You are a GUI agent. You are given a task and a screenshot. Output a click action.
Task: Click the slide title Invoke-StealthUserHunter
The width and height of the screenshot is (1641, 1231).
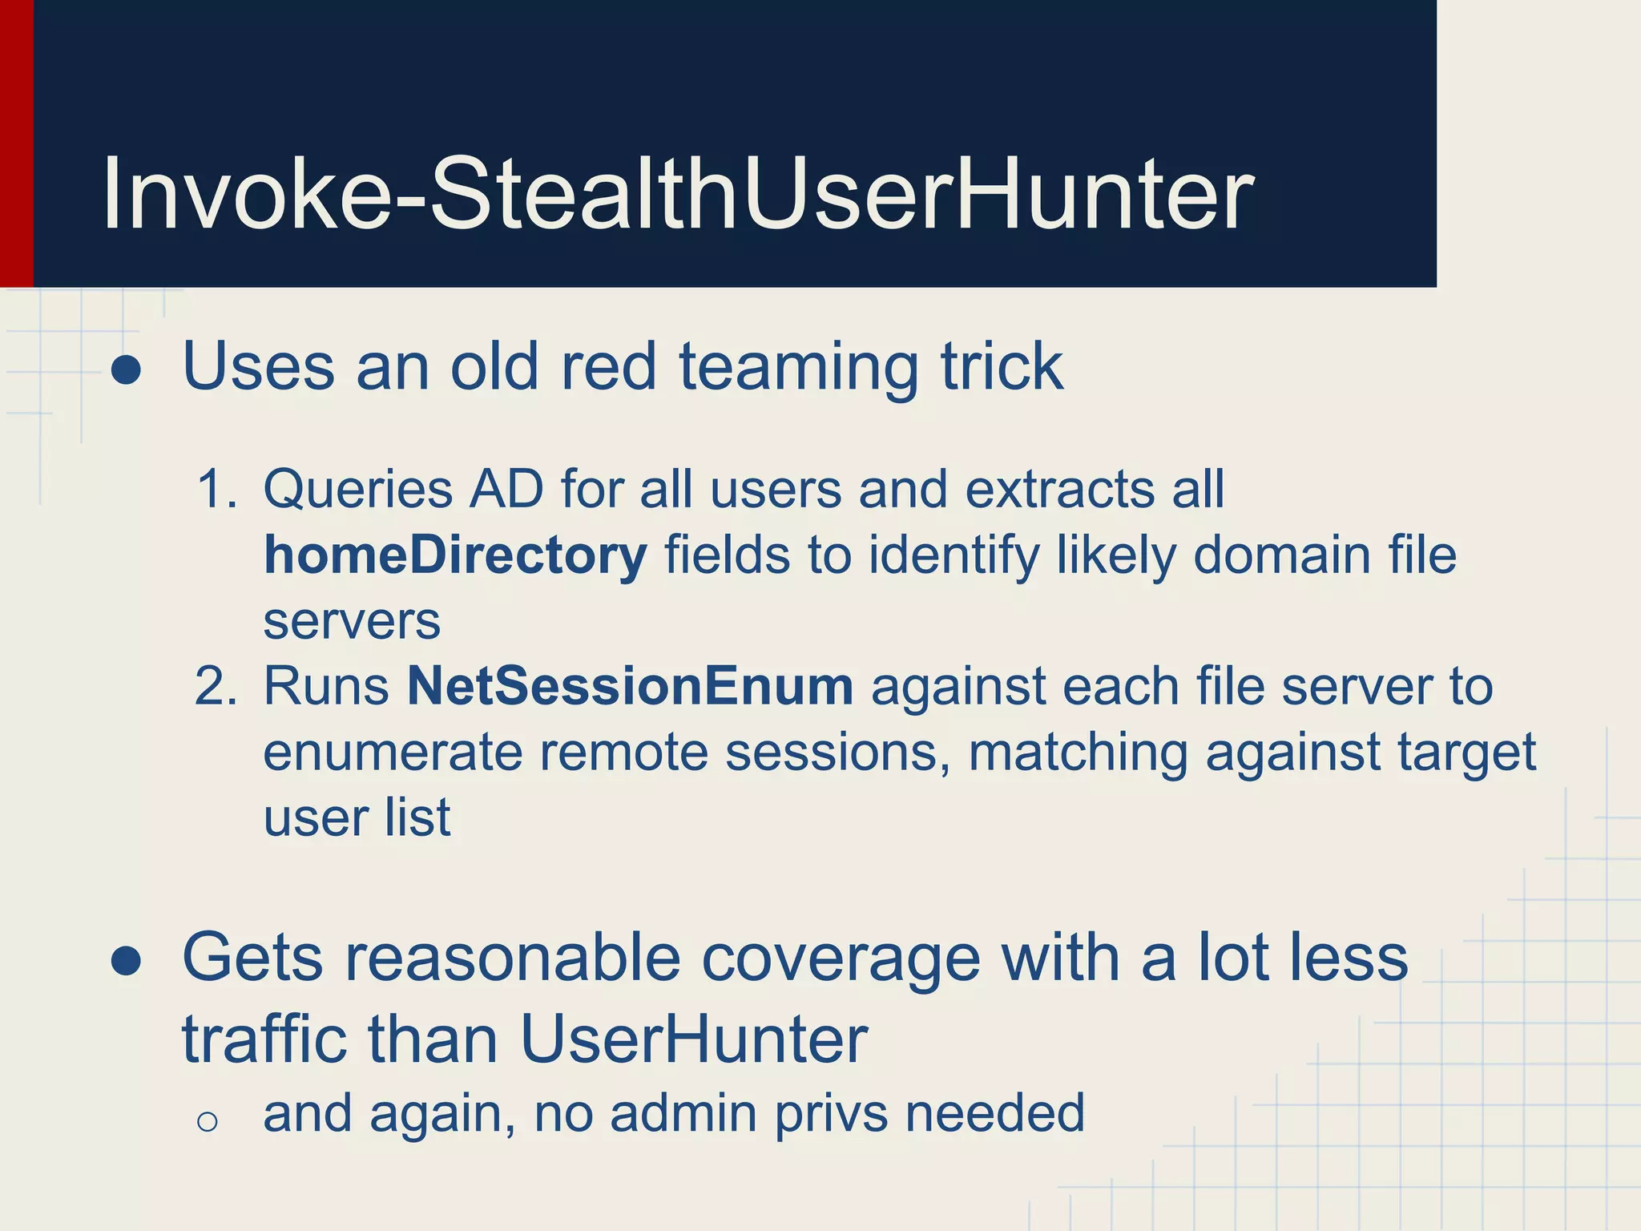pyautogui.click(x=678, y=194)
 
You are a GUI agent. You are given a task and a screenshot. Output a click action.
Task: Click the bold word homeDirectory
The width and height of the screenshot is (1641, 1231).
pyautogui.click(x=455, y=555)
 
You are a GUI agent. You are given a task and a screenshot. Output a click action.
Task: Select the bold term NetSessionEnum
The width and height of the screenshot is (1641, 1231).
pyautogui.click(x=630, y=687)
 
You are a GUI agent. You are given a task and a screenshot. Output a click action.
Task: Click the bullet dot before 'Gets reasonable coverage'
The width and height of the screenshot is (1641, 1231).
pyautogui.click(x=127, y=961)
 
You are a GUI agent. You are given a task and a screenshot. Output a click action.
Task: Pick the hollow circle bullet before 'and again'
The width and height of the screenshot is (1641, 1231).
pyautogui.click(x=207, y=1122)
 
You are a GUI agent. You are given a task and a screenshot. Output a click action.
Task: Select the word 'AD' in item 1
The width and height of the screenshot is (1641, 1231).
pyautogui.click(x=506, y=489)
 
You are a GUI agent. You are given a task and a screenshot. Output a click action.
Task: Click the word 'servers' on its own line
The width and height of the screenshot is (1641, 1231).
pyautogui.click(x=352, y=622)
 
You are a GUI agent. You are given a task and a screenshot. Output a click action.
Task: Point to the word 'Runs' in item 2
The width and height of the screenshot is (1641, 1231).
pyautogui.click(x=326, y=687)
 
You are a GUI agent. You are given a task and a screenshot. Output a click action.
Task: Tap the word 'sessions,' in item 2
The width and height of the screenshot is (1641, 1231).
pyautogui.click(x=837, y=753)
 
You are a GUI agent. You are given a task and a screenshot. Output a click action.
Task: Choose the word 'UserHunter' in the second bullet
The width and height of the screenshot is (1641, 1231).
pyautogui.click(x=694, y=1039)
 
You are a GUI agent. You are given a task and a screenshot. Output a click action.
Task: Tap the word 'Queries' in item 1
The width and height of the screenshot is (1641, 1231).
pyautogui.click(x=357, y=489)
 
